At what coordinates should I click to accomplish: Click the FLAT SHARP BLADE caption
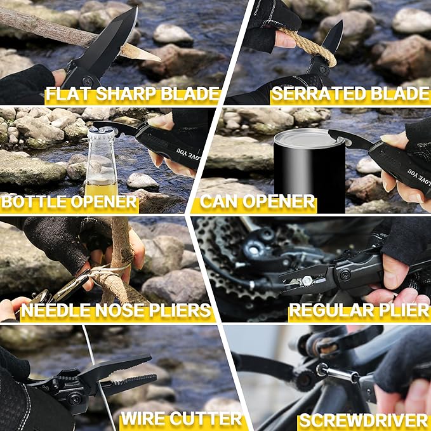pos(133,94)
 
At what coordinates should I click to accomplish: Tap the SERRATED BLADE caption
pos(349,94)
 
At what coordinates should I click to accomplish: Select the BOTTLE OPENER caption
pos(69,202)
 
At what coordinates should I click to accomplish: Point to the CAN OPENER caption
pos(258,202)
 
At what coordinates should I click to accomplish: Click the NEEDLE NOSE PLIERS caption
pos(116,310)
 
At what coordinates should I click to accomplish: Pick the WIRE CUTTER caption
pos(182,418)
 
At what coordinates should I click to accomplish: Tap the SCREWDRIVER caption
pos(364,420)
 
